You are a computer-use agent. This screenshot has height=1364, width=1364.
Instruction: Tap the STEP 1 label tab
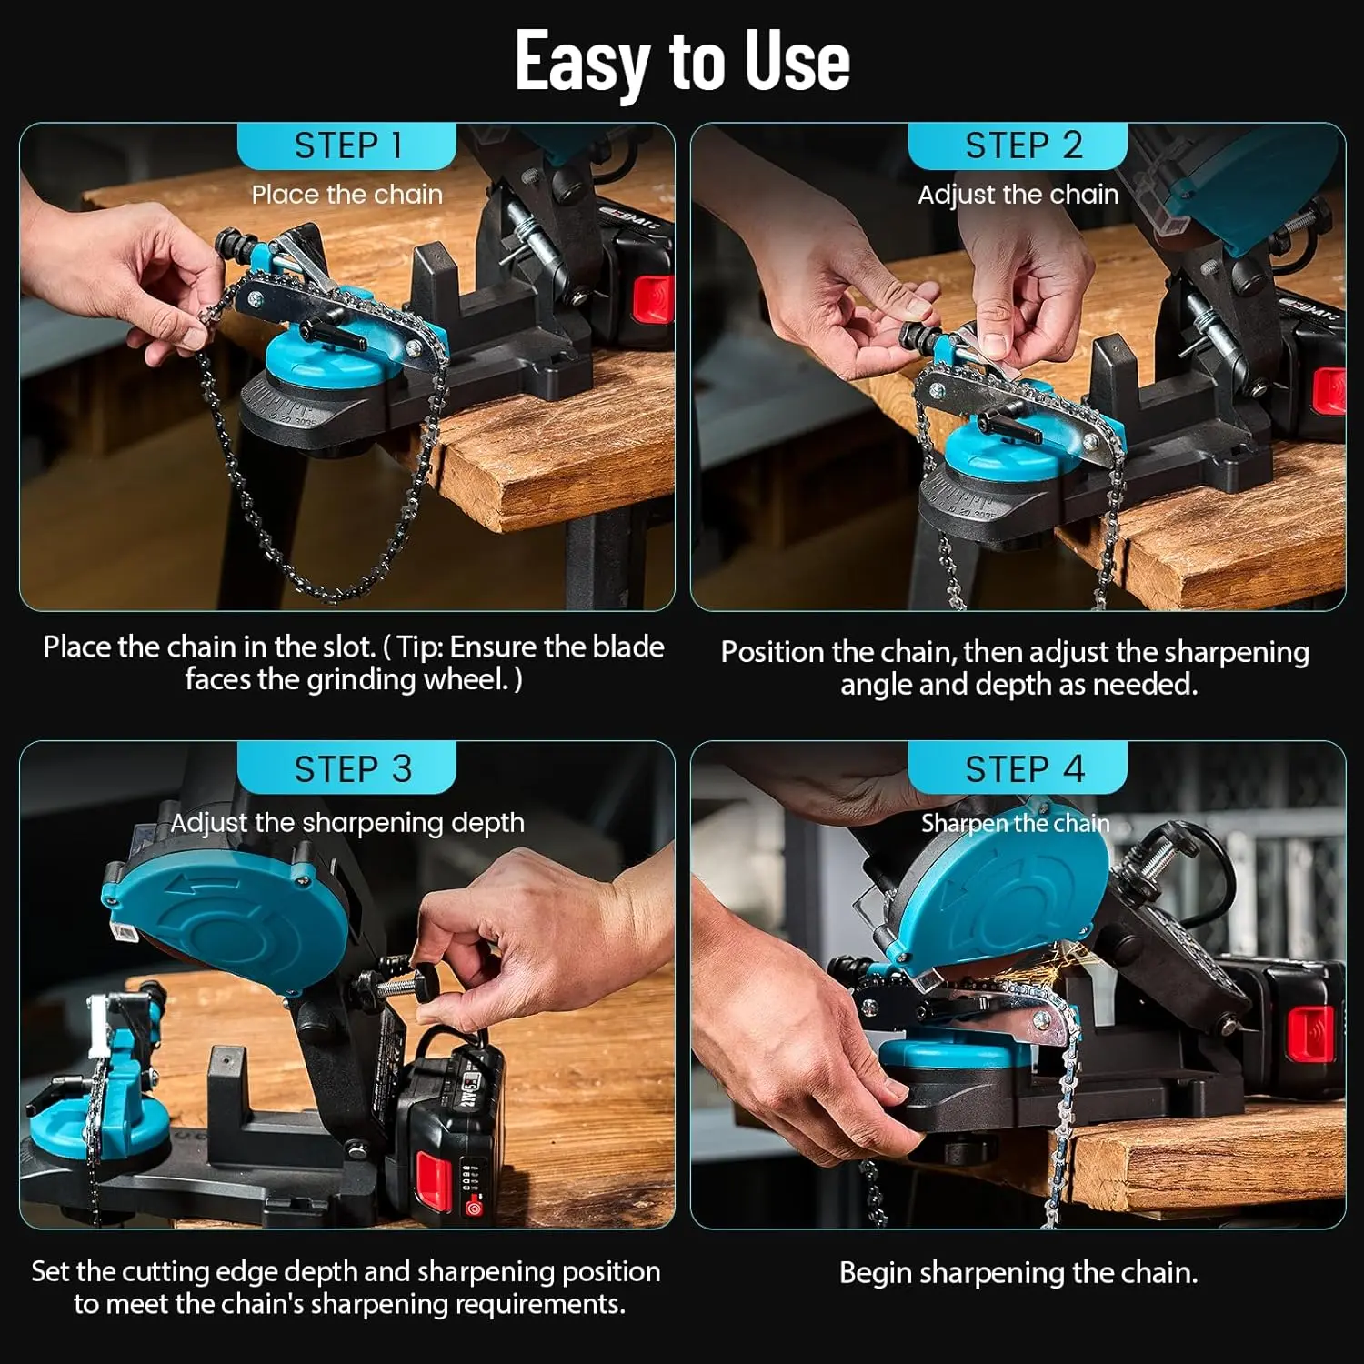(347, 145)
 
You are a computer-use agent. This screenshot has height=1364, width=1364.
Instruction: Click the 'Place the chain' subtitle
(346, 195)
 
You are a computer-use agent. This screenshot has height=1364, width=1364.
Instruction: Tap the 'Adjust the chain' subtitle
(1018, 195)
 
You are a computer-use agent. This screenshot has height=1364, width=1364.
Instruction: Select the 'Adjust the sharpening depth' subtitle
(347, 823)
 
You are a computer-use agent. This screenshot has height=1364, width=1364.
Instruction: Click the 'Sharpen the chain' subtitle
(1015, 824)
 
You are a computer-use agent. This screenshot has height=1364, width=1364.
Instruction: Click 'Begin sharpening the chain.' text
(1018, 1272)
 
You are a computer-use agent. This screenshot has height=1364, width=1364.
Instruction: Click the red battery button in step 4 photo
(1310, 1034)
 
